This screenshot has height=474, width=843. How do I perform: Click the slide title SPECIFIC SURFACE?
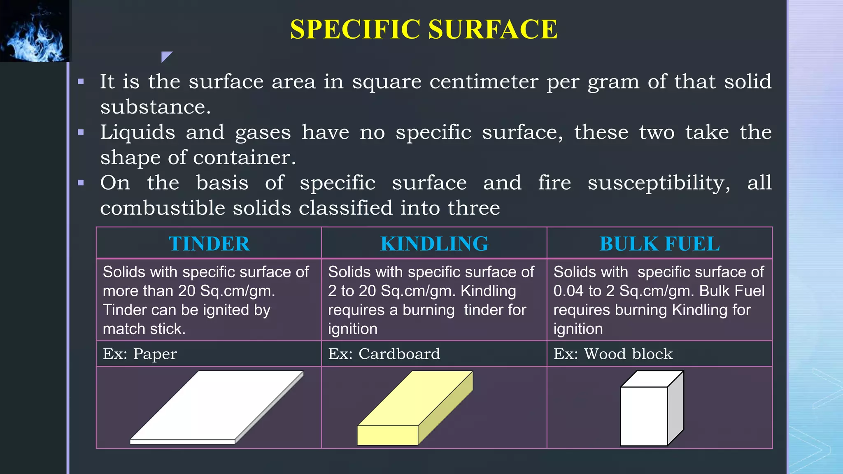tap(424, 30)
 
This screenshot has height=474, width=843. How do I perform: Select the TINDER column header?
tap(209, 244)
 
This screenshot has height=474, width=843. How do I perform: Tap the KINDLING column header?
tap(434, 244)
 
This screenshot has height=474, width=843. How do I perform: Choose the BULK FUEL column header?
tap(659, 244)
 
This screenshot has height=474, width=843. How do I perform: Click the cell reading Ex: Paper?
tap(140, 354)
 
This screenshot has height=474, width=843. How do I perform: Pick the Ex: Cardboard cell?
tap(384, 354)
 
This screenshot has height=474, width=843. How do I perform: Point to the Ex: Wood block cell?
tap(613, 354)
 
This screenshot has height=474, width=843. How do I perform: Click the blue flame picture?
tap(35, 31)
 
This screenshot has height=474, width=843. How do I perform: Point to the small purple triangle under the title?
tap(165, 56)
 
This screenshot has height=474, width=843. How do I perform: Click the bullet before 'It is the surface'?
tap(81, 82)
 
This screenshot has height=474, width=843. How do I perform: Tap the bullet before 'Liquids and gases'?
tap(81, 132)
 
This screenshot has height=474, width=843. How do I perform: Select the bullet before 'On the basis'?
tap(81, 183)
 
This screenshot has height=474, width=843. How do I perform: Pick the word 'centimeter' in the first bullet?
tap(484, 82)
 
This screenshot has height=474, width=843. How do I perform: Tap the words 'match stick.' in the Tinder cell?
tap(144, 329)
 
